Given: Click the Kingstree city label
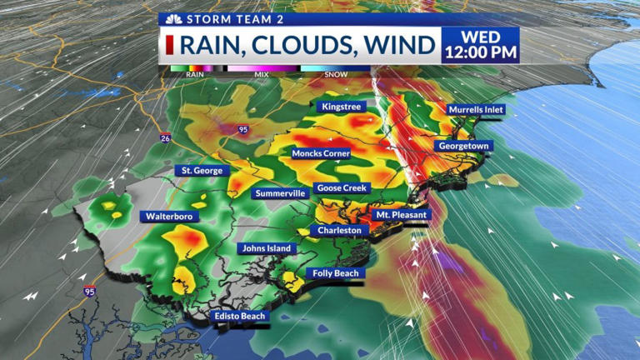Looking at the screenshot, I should tap(341, 107).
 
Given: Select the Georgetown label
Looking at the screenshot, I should tap(463, 146).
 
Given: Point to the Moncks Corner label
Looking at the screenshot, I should tap(321, 153).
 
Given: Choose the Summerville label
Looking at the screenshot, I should tap(280, 193).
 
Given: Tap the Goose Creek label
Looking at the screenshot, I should tap(342, 188).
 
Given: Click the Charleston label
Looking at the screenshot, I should tap(339, 230).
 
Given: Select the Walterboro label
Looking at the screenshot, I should tap(169, 217).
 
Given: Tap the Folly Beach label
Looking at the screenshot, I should tap(334, 273).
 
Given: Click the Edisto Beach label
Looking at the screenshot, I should tap(240, 316).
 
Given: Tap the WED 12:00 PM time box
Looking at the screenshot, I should tap(481, 45).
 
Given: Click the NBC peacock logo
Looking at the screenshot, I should tap(173, 18).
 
